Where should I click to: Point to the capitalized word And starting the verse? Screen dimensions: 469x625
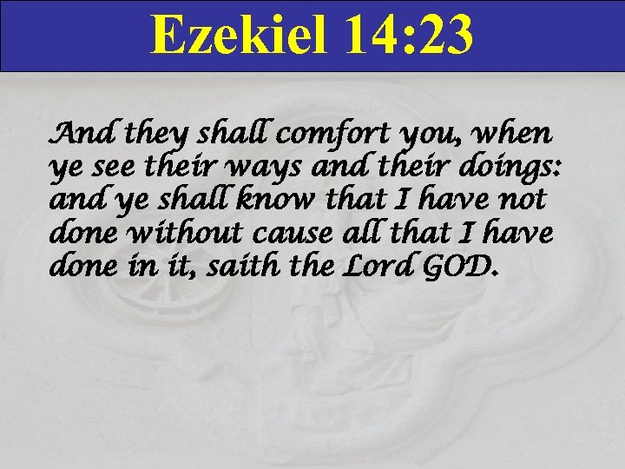click(x=85, y=135)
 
